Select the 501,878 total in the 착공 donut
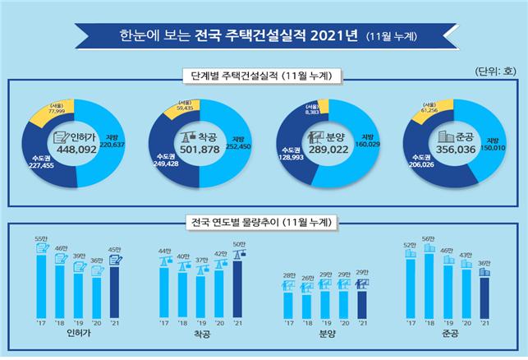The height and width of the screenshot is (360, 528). click(x=200, y=150)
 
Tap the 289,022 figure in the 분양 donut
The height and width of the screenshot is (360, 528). click(x=322, y=150)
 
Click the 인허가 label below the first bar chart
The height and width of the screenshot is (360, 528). click(x=78, y=336)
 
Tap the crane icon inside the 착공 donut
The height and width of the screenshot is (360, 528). click(x=183, y=136)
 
